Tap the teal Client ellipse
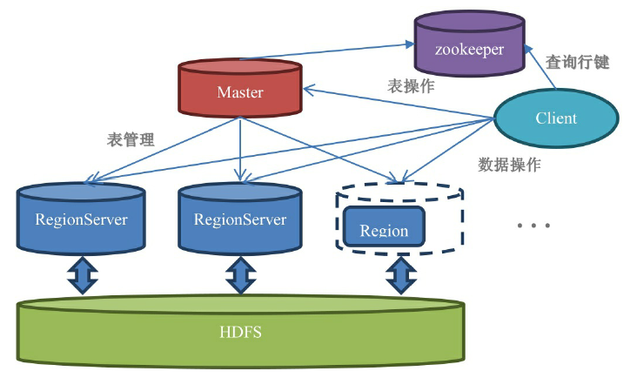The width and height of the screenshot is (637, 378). pyautogui.click(x=556, y=118)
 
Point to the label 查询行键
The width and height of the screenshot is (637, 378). pyautogui.click(x=577, y=63)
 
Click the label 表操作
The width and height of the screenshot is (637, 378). pyautogui.click(x=411, y=86)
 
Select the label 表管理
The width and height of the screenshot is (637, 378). pyautogui.click(x=131, y=139)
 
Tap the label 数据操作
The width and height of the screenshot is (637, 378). pyautogui.click(x=510, y=165)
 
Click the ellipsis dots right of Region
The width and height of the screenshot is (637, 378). pyautogui.click(x=533, y=226)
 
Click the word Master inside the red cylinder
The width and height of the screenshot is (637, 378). pyautogui.click(x=240, y=91)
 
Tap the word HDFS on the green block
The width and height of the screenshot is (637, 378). pyautogui.click(x=239, y=333)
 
